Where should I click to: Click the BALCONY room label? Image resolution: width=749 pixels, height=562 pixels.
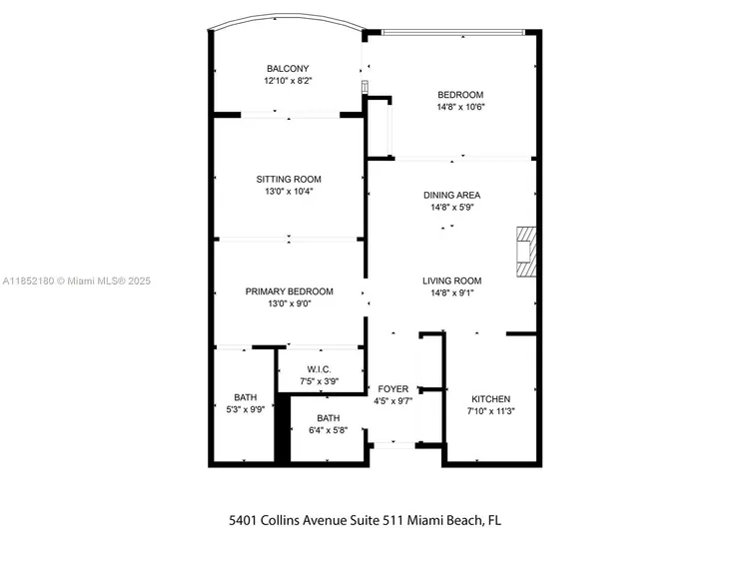(287, 68)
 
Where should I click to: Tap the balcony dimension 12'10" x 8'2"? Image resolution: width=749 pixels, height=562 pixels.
(287, 80)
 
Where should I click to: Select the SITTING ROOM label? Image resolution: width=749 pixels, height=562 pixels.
(289, 179)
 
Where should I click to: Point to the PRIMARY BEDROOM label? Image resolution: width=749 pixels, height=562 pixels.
(289, 291)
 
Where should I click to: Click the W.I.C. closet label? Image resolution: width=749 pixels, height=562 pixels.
(320, 369)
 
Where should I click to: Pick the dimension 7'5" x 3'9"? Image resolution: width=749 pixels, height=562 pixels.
(320, 381)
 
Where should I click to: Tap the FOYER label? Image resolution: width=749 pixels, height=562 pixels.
(392, 389)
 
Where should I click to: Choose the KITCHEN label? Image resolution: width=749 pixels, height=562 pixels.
(490, 398)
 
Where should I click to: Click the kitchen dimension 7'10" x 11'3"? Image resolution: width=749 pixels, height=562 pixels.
(490, 410)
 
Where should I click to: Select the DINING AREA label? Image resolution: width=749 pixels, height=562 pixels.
(451, 196)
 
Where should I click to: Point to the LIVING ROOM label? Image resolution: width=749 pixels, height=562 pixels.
(451, 281)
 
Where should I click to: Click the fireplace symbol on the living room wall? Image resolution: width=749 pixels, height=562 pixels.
(525, 251)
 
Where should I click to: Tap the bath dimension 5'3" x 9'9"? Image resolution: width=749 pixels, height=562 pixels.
(246, 409)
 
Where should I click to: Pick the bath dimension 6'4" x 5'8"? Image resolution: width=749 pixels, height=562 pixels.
(329, 431)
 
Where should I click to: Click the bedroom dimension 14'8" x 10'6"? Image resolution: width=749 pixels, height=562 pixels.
(460, 107)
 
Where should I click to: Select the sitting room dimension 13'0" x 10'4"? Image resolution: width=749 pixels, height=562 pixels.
(289, 192)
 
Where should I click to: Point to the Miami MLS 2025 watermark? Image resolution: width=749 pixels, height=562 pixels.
(76, 281)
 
